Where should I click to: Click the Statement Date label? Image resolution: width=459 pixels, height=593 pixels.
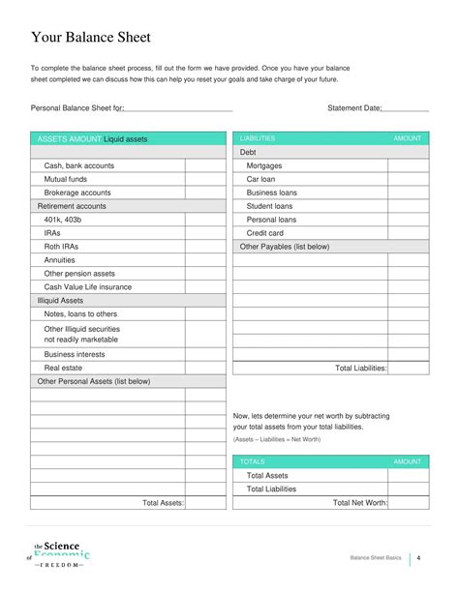(x=355, y=108)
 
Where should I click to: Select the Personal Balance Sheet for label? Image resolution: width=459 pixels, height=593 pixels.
(x=77, y=108)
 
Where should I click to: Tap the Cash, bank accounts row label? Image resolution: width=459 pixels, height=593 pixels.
(x=78, y=165)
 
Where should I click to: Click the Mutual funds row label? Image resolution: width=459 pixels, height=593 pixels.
(x=68, y=179)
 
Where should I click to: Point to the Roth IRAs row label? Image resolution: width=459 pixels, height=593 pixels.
(x=61, y=247)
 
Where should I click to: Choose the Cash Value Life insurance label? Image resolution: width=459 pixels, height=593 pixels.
(x=88, y=287)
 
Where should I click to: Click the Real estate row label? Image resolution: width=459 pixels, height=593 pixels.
(x=64, y=368)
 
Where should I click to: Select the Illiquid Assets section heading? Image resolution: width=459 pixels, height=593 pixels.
(x=60, y=301)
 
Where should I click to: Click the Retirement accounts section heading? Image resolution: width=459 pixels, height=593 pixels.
(x=72, y=206)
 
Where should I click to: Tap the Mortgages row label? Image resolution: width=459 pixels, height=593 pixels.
(x=264, y=165)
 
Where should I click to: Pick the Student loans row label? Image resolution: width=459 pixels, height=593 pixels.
(x=270, y=206)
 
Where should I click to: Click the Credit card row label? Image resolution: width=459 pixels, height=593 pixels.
(x=264, y=233)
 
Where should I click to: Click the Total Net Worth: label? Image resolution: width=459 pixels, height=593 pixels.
(x=360, y=503)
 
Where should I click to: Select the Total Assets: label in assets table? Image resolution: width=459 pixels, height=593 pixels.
(x=163, y=503)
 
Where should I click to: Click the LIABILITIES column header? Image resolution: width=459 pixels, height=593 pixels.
(x=258, y=139)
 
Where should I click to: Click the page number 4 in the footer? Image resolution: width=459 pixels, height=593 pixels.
(x=417, y=559)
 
